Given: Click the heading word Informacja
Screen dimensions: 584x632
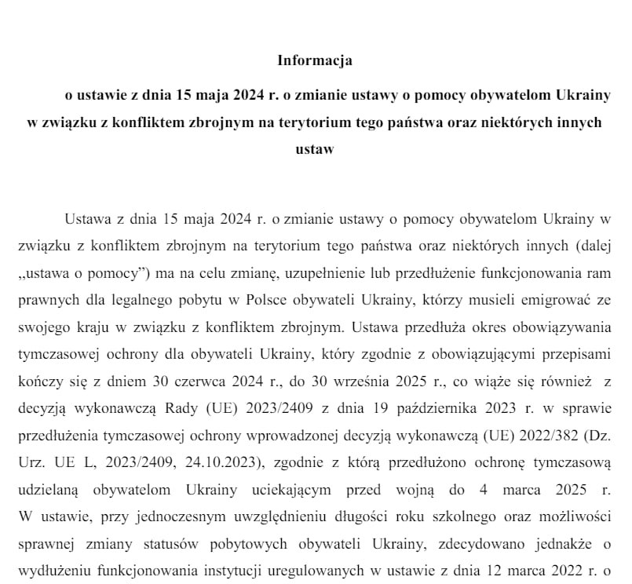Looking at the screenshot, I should click(x=315, y=60).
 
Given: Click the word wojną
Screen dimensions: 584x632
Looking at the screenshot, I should click(x=427, y=488).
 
